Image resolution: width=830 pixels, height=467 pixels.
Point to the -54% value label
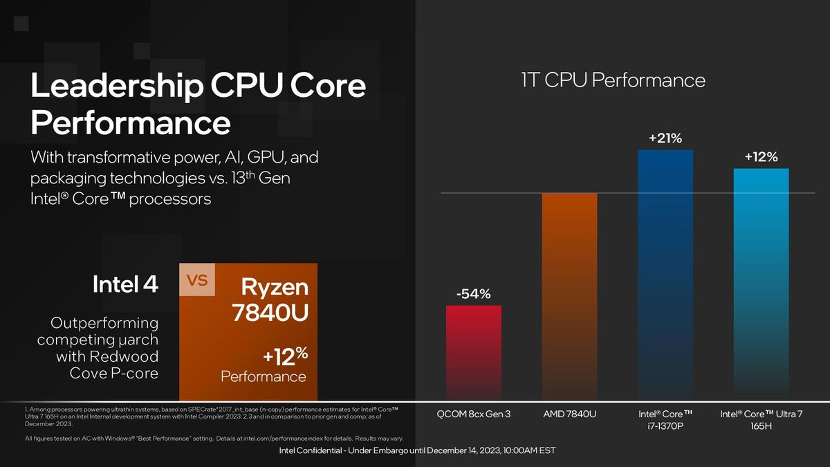[473, 294]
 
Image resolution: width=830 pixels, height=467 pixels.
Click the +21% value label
[665, 139]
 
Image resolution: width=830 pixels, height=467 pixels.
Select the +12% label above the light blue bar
[761, 157]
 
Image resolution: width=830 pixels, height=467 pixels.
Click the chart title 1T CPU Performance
[613, 80]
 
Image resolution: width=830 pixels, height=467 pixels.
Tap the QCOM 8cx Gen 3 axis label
[474, 414]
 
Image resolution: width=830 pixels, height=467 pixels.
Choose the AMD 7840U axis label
[570, 414]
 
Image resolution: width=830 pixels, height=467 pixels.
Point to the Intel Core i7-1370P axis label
[665, 420]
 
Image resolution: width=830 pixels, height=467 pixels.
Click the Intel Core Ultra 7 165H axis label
[761, 420]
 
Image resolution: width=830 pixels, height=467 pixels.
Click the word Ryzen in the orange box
[275, 287]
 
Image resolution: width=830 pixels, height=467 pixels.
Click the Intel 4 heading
[125, 284]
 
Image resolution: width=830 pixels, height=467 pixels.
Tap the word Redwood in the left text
[107, 356]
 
